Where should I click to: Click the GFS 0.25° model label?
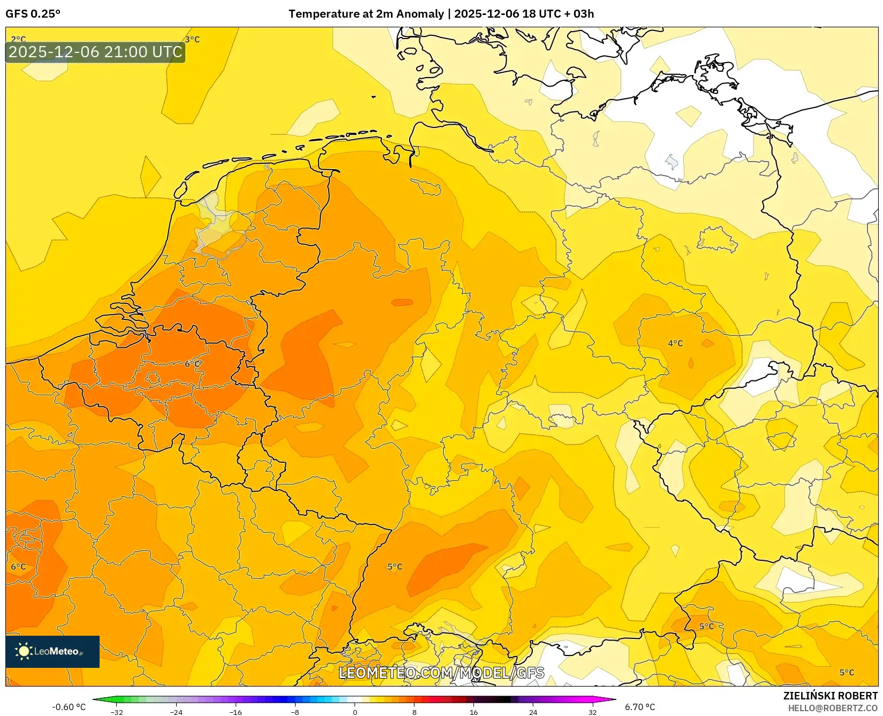coord(33,14)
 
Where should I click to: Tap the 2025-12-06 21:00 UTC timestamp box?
coord(95,52)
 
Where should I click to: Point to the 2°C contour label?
coord(18,39)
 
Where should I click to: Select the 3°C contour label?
coord(192,39)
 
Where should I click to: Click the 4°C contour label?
coord(675,343)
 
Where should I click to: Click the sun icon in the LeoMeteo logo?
coord(24,651)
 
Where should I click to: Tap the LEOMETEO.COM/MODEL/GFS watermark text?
coord(442,673)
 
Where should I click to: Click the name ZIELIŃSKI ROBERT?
coord(831,696)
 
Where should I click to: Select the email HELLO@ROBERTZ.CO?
coord(832,708)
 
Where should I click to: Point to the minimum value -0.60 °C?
coord(69,707)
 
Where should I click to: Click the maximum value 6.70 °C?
coord(640,707)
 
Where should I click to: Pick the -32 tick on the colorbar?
coord(117,712)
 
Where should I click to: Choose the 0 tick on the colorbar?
coord(354,712)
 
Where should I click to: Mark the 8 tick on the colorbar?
coord(414,712)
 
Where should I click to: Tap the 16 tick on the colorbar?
coord(473,712)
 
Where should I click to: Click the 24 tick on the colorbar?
coord(533,712)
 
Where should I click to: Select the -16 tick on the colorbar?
coord(236,712)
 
